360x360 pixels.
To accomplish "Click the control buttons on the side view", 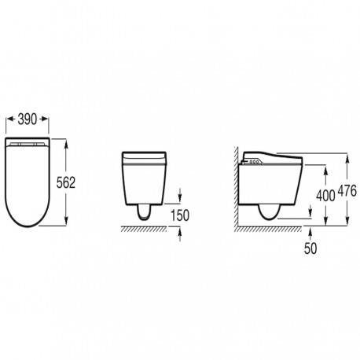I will [255, 163].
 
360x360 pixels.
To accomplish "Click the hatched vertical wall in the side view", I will [235, 189].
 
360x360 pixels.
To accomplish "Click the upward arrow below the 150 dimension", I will [180, 233].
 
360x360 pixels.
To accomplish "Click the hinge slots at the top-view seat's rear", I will [28, 145].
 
